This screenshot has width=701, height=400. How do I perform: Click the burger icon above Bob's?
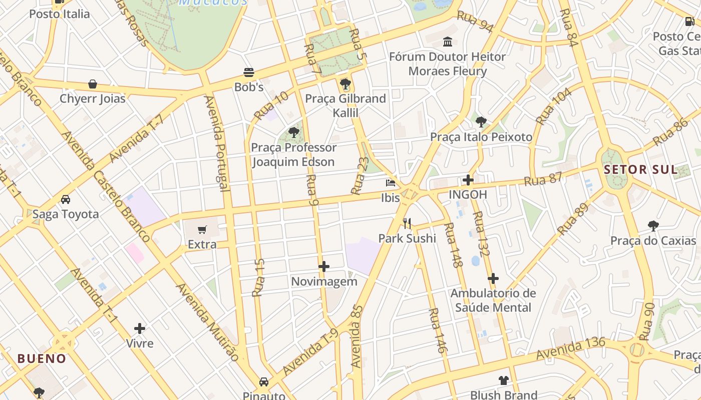click(x=249, y=72)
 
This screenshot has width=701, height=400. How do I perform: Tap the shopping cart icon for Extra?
click(x=202, y=230)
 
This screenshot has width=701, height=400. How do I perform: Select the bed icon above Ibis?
click(x=391, y=183)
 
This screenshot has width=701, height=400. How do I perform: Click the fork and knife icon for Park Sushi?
click(x=407, y=223)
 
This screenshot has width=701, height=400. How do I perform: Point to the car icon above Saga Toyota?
click(x=66, y=199)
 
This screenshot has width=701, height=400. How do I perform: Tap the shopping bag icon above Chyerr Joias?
click(x=93, y=84)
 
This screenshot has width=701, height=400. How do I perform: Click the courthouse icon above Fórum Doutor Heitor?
click(x=448, y=42)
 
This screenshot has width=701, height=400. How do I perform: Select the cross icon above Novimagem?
click(x=324, y=266)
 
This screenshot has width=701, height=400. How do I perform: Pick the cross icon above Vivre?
click(x=140, y=328)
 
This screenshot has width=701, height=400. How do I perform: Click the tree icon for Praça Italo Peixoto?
click(x=481, y=122)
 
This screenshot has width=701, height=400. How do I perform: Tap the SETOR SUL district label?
click(x=640, y=169)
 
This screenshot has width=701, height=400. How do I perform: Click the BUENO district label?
click(x=42, y=358)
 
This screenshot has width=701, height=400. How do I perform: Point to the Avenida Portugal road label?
click(x=217, y=143)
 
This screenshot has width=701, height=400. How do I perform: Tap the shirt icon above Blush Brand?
click(x=504, y=380)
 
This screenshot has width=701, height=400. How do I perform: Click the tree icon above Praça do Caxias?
click(x=653, y=226)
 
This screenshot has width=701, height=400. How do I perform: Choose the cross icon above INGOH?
click(x=468, y=180)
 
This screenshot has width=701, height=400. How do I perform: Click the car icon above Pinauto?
click(x=264, y=382)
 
